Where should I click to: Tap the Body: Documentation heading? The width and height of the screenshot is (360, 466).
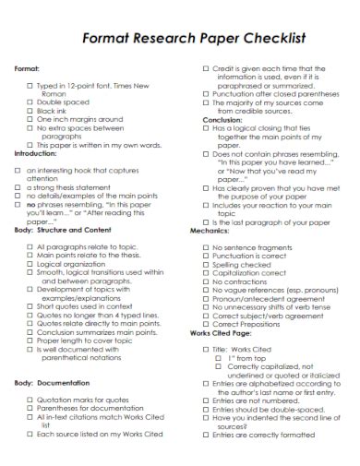[x=57, y=382]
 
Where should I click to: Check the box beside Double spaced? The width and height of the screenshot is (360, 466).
[x=30, y=101]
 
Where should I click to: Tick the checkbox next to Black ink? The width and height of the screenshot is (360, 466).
[x=30, y=110]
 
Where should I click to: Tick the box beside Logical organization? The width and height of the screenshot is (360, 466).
[x=30, y=263]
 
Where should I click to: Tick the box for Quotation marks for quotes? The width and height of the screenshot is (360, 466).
[x=30, y=400]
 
